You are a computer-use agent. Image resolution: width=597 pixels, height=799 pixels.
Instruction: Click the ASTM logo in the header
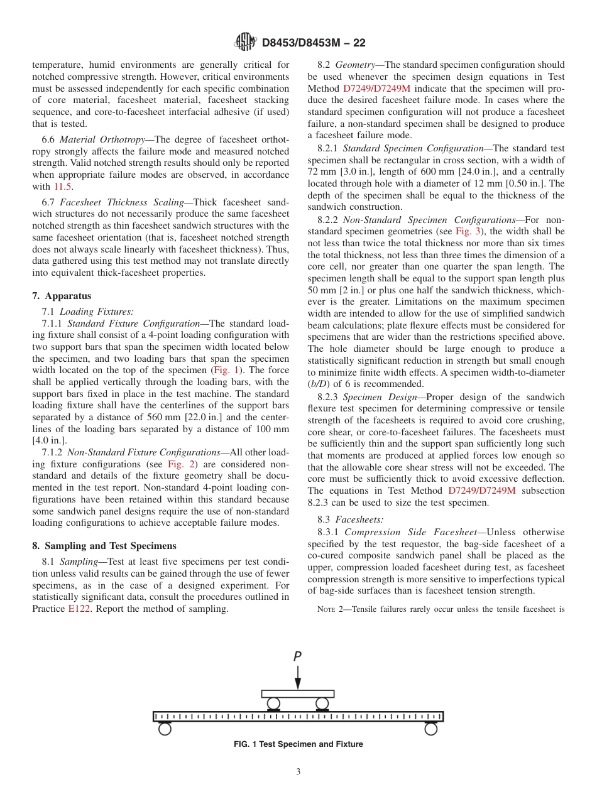coord(245,42)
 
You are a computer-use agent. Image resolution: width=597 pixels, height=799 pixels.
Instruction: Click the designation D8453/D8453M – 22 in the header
coord(313,43)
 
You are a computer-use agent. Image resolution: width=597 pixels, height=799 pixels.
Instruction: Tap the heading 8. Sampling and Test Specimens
coord(104,545)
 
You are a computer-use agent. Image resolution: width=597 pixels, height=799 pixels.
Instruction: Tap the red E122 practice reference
coord(79,609)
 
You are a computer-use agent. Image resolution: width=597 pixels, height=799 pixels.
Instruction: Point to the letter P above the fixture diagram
coord(297,656)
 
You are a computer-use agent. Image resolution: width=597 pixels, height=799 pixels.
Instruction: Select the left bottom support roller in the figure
coord(165,729)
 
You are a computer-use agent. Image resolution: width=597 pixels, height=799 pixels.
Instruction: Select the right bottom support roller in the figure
coord(430,729)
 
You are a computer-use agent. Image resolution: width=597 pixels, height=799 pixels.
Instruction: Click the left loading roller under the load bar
coord(273,703)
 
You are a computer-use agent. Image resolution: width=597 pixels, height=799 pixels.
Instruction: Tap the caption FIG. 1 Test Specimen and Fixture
coord(298,744)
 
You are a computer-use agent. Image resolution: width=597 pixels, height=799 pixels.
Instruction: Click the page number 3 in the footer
coord(298,772)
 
